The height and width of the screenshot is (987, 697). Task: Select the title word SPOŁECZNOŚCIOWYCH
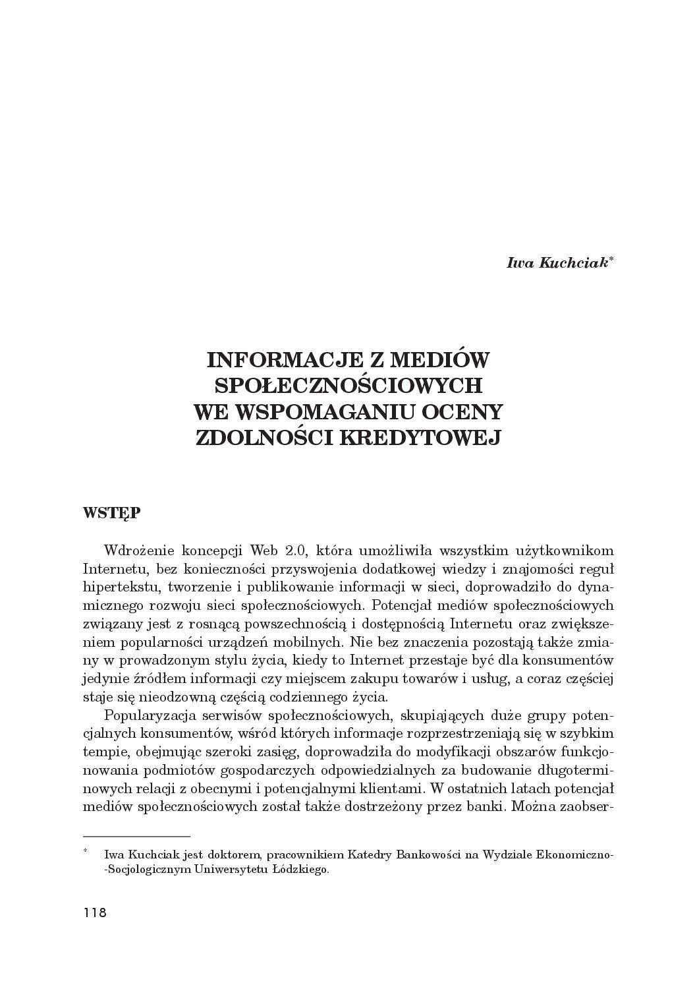(x=348, y=385)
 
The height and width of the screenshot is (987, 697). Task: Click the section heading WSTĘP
(x=111, y=514)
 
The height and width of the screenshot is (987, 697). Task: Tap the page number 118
(x=95, y=913)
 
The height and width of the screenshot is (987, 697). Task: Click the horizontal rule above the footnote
(x=136, y=835)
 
